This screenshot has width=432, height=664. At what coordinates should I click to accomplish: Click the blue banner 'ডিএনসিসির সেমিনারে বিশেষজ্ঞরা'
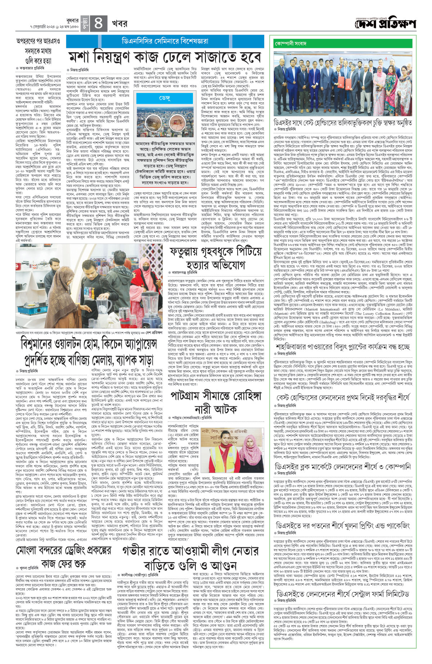[x=165, y=41]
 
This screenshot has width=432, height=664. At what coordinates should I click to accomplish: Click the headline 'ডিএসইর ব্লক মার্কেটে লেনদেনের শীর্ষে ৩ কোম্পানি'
[x=342, y=467]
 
